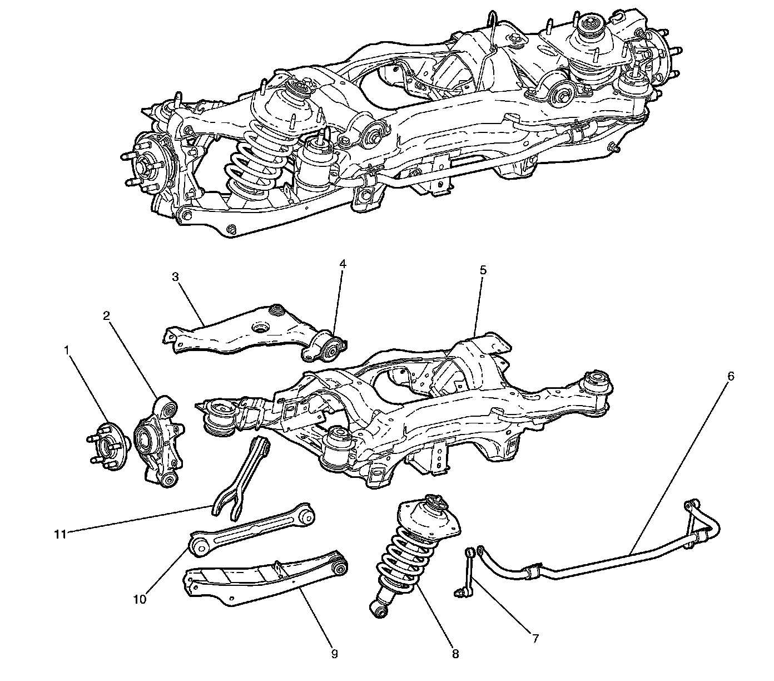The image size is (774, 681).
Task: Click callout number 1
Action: [x=67, y=351]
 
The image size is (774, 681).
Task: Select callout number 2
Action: [x=106, y=316]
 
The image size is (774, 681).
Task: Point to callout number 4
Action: [x=343, y=264]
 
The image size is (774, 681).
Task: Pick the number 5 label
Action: [x=483, y=270]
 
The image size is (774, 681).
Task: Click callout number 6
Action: [x=731, y=376]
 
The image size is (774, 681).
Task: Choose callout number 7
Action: [x=535, y=638]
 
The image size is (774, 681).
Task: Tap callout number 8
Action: [x=455, y=654]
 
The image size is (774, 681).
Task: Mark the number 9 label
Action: [x=334, y=654]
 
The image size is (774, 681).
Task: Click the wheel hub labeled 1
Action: [x=109, y=446]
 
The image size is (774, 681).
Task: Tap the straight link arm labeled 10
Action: [x=250, y=529]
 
